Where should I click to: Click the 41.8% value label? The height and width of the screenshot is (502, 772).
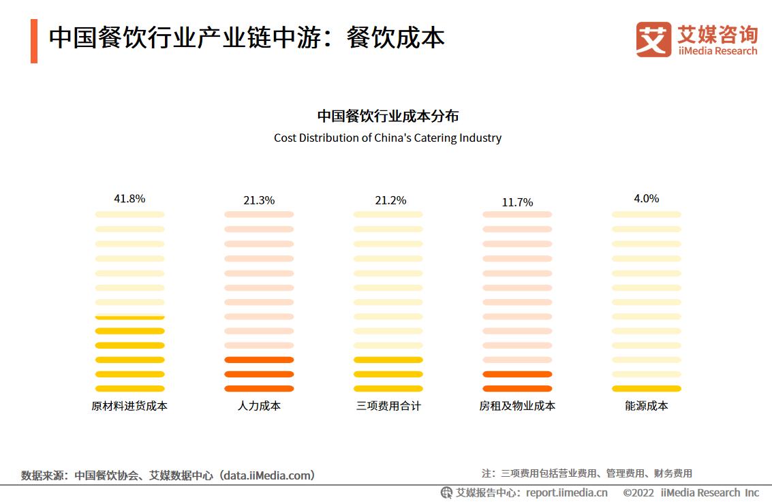pos(129,199)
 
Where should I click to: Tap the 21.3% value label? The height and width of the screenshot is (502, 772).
pos(259,200)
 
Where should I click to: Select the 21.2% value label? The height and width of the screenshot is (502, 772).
pos(390,200)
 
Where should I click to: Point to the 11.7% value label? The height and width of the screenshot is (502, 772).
pos(517,202)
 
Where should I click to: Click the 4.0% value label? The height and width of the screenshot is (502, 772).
pos(646,199)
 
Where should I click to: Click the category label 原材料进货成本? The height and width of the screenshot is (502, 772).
pos(129,406)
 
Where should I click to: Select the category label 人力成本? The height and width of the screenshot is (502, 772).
pos(259,406)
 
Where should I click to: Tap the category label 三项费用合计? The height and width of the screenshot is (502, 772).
pos(388,406)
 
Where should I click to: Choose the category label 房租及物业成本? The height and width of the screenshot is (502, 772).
pos(517,406)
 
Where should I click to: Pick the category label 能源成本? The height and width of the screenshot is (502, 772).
pos(646,406)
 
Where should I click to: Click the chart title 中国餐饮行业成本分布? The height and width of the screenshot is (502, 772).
pos(388,116)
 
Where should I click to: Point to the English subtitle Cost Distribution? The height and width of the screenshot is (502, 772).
pos(388,138)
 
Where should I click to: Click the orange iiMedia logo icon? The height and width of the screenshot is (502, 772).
pos(653,40)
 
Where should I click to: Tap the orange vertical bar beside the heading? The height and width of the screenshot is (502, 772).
pos(34,41)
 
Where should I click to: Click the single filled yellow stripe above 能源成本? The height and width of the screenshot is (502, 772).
pos(646,389)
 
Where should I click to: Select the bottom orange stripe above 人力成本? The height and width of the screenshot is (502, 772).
pos(259,389)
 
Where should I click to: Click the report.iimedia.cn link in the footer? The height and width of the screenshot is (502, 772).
pos(567,492)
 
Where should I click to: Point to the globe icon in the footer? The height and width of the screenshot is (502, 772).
pos(446,492)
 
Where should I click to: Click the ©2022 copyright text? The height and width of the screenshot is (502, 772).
pos(638,492)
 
